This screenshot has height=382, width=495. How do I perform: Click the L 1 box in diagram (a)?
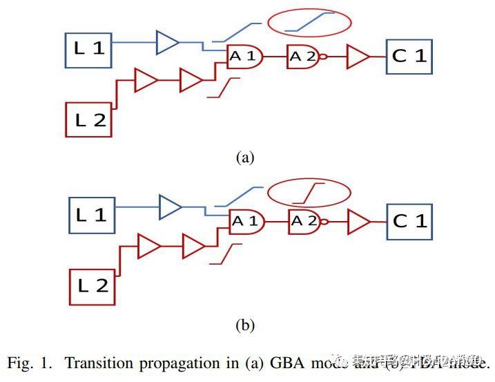coord(88,50)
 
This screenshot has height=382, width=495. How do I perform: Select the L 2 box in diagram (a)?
coord(88,119)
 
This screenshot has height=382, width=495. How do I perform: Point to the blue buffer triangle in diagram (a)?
coord(167,42)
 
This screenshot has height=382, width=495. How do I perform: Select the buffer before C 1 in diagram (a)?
coord(358,57)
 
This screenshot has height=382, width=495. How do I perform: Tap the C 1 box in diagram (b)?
coord(410,221)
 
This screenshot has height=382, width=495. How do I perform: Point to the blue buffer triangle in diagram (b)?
coord(170,207)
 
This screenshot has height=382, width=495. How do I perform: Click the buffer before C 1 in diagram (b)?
coord(359,222)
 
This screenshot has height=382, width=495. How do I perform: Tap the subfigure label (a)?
coord(245,157)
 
